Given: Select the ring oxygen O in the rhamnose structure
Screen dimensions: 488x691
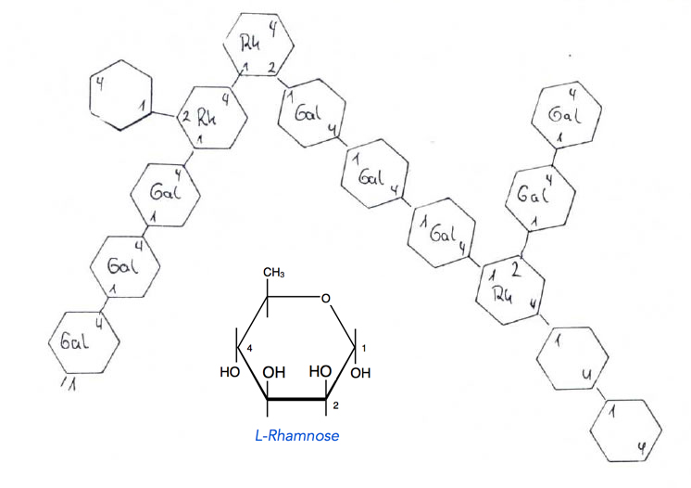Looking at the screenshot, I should point(324,298).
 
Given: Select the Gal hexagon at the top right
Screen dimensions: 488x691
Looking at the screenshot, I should point(563,115).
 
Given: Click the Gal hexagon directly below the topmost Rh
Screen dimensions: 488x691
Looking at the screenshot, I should point(308,116).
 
